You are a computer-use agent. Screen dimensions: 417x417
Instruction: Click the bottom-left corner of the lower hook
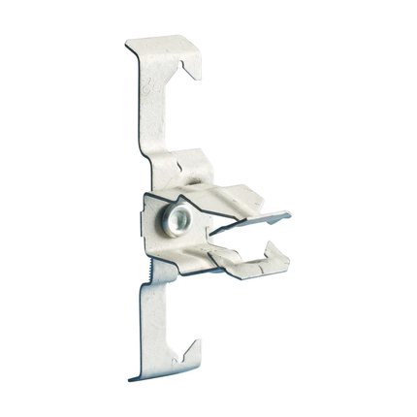133,379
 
